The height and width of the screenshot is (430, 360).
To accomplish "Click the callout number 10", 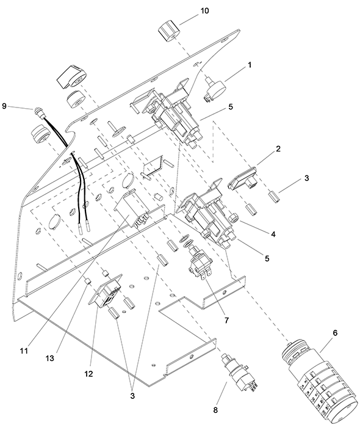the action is tap(204, 11).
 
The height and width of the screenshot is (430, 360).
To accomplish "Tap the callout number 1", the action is tap(250, 65).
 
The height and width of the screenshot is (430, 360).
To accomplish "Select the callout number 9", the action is tap(4, 106).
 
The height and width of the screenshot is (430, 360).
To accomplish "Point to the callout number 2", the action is tap(278, 149).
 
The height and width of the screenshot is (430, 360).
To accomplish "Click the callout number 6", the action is tap(335, 333).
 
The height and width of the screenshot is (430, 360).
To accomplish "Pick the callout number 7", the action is tap(226, 320).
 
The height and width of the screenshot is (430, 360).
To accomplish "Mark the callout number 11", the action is tap(24, 351).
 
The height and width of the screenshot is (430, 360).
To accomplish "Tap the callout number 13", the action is tap(50, 358).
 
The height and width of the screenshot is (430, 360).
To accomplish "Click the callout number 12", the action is tap(88, 374).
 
